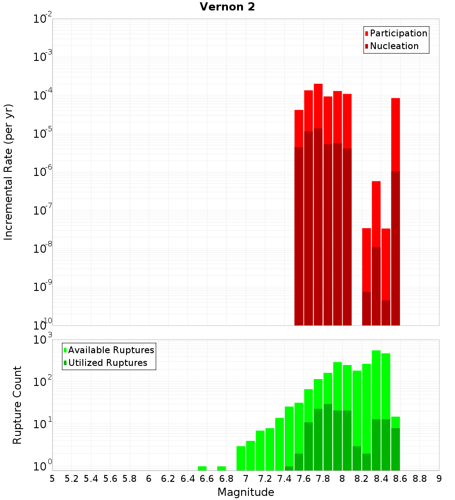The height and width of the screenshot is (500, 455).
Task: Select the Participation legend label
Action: (x=399, y=33)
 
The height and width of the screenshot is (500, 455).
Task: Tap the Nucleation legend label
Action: (x=394, y=46)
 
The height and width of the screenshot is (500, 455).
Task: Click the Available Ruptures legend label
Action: (x=111, y=350)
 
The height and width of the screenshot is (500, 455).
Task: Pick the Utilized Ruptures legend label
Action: (x=107, y=363)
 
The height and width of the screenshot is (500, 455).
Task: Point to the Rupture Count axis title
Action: (x=17, y=405)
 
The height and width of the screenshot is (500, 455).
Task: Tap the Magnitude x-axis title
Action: (x=246, y=492)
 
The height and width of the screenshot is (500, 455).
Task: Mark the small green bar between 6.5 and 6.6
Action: (x=202, y=468)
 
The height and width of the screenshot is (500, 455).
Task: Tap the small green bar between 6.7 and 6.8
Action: (x=222, y=468)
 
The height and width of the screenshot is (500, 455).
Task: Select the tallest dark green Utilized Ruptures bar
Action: (x=328, y=436)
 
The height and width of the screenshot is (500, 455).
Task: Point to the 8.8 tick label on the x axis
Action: (x=420, y=478)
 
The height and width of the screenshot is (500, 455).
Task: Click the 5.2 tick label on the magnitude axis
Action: (x=71, y=478)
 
